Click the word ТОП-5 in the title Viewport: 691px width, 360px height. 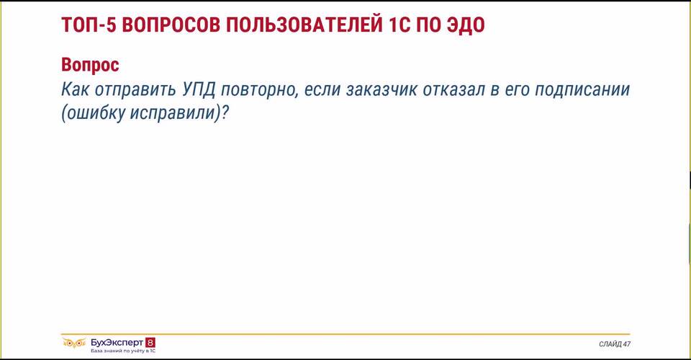(88, 25)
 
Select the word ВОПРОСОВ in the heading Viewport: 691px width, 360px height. (171, 25)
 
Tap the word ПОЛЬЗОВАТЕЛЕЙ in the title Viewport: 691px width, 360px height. (304, 25)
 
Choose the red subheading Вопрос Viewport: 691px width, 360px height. (91, 66)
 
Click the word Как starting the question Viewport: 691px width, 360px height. (75, 89)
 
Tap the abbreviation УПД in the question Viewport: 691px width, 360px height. (199, 90)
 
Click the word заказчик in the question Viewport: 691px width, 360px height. (381, 90)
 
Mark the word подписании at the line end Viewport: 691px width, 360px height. (582, 91)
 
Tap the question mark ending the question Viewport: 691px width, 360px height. (225, 113)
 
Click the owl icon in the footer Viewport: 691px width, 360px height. (73, 343)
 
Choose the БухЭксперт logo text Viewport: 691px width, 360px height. (117, 343)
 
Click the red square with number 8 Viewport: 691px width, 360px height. (150, 343)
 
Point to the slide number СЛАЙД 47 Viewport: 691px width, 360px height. (614, 343)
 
